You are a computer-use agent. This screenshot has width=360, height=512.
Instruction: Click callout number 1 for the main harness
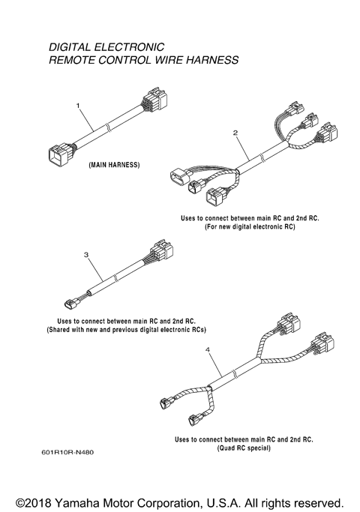(x=78, y=106)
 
